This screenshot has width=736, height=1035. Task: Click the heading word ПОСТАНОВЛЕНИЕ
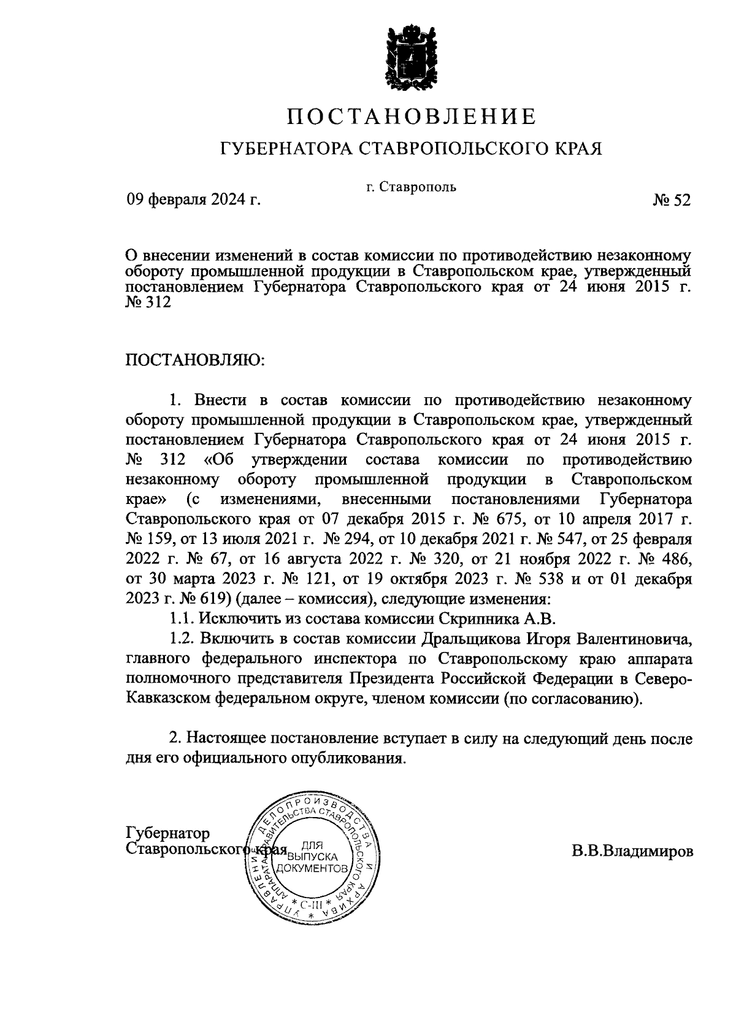(412, 117)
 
